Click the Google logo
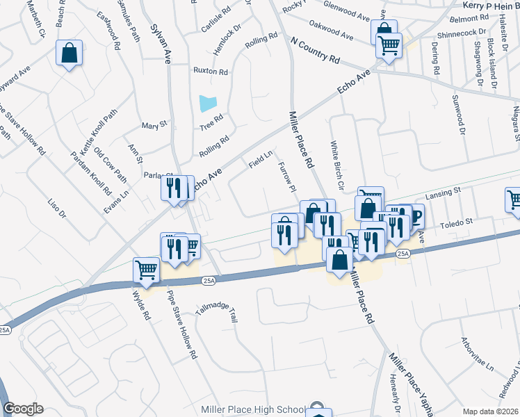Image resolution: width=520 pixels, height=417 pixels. (x=23, y=409)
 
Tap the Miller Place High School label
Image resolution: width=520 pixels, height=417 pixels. (x=253, y=409)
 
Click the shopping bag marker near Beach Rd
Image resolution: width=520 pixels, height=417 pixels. (x=70, y=54)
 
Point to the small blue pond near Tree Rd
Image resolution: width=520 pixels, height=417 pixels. (x=208, y=104)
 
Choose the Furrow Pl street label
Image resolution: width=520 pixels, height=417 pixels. (x=287, y=177)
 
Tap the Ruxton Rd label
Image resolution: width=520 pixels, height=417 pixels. (x=211, y=72)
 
